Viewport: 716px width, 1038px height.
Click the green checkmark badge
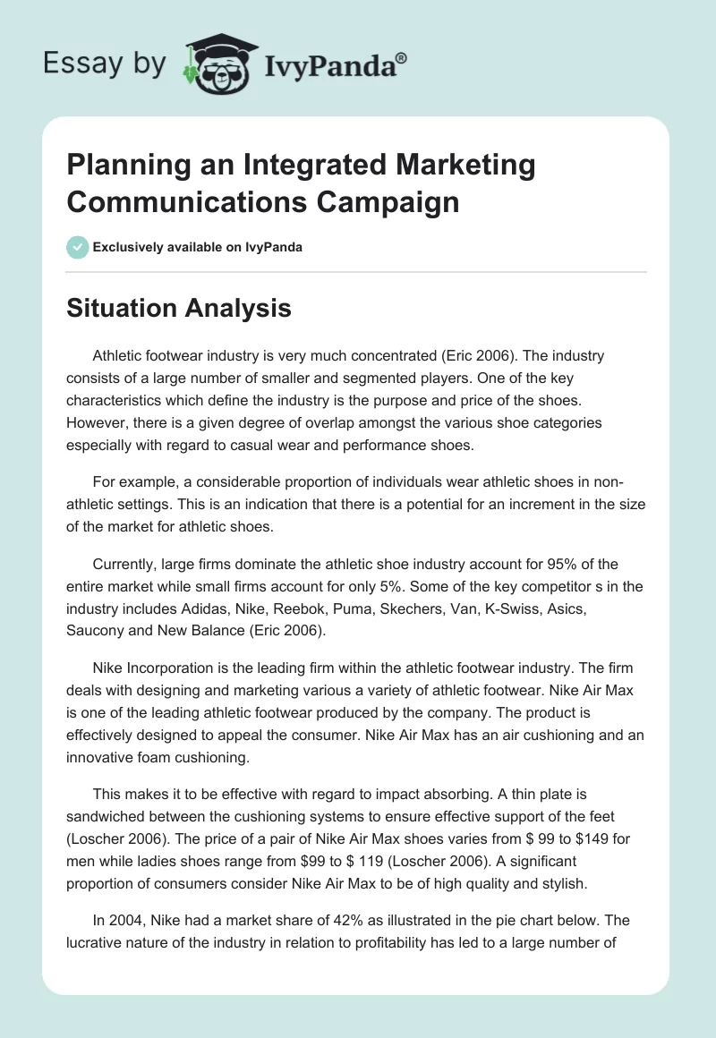[77, 247]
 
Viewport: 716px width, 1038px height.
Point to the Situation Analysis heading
[180, 308]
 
